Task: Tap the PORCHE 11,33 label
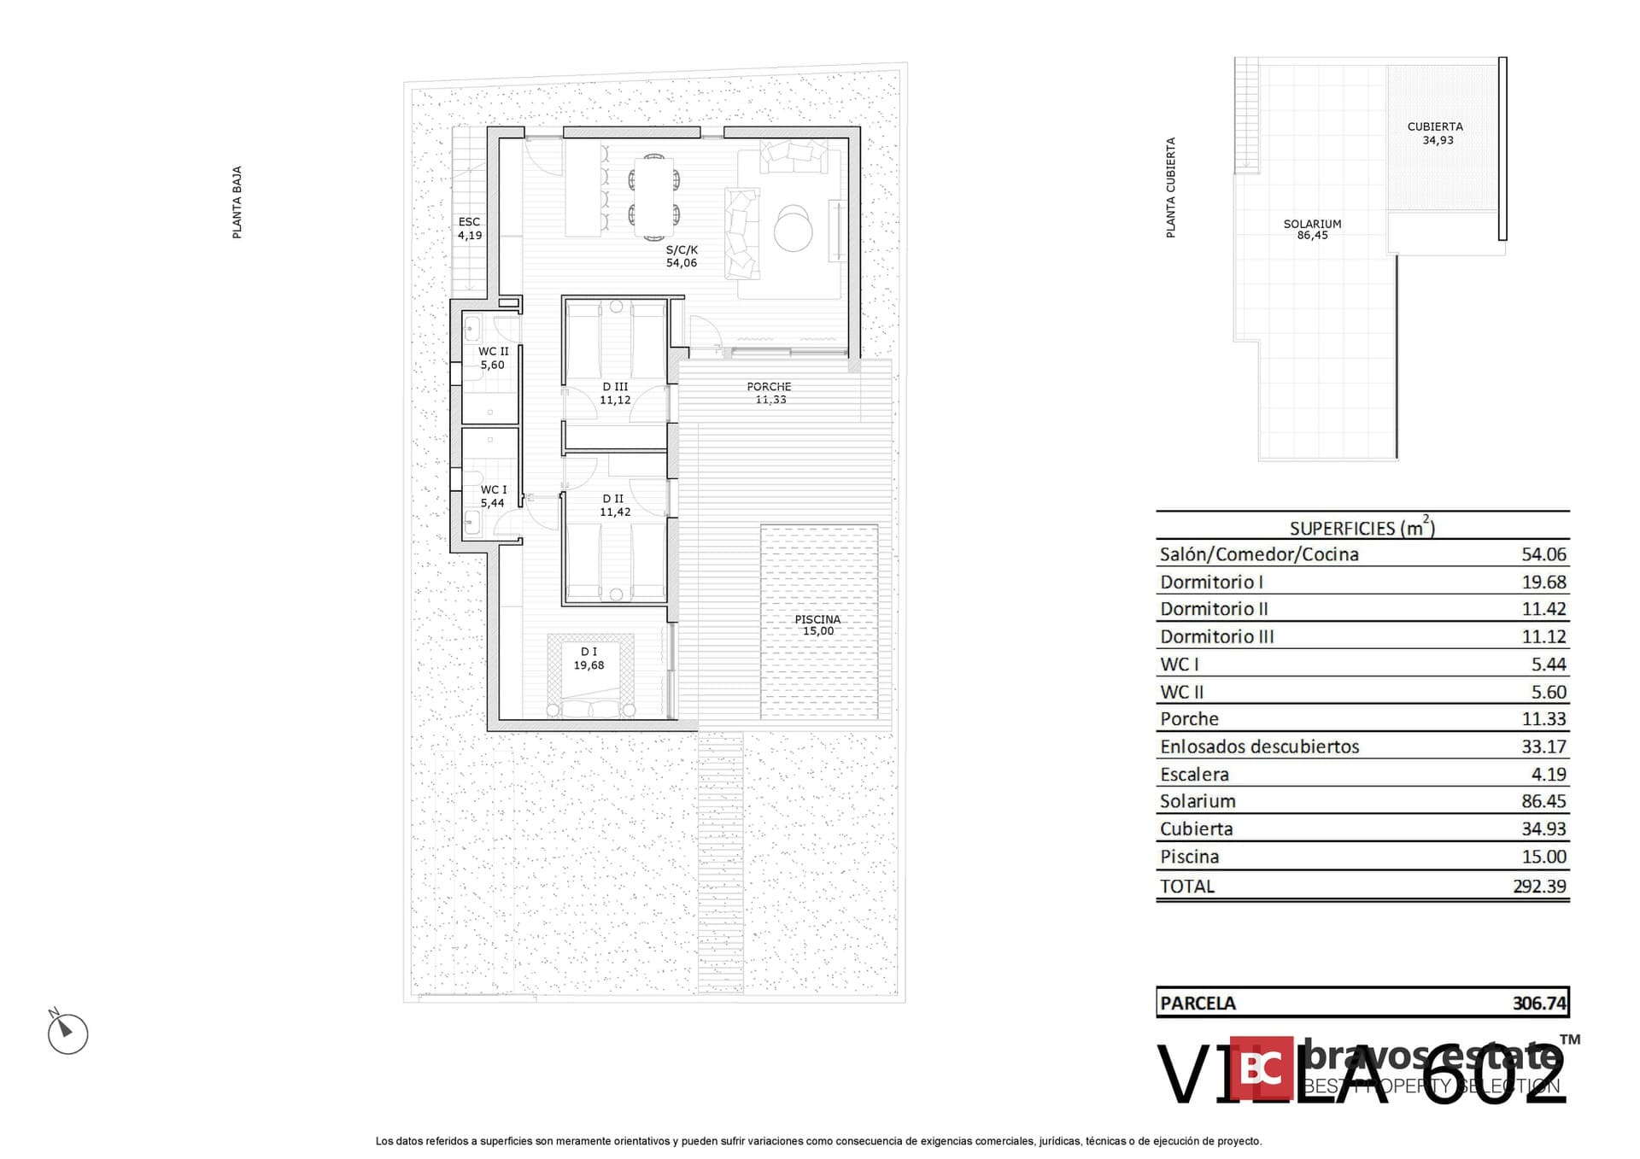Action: pos(769,393)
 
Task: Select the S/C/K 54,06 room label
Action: pos(682,256)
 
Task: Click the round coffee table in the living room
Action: pos(793,228)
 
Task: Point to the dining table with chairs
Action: pos(653,197)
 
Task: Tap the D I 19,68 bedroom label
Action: pos(589,659)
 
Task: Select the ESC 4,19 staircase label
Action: pos(469,228)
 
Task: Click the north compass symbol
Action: pos(67,1033)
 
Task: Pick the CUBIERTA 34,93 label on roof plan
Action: pos(1436,133)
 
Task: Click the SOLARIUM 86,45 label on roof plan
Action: pos(1312,230)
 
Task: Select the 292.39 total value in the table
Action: pos(1539,887)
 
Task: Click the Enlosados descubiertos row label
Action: pos(1259,746)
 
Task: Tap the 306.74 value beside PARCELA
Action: pos(1539,1004)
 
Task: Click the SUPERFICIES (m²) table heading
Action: pos(1362,528)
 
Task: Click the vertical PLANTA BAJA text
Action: pos(237,202)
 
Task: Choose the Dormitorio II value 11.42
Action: pos(1543,609)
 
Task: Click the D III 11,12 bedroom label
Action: pos(615,393)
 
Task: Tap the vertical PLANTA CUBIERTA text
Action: pos(1171,188)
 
